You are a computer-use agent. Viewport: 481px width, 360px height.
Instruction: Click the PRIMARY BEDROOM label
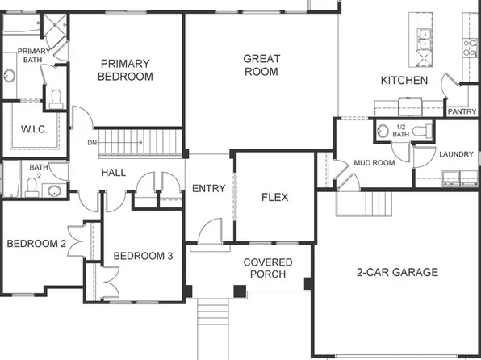pos(125,70)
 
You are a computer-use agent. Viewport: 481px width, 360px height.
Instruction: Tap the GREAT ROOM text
pos(261,65)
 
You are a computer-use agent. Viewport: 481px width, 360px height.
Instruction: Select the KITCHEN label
pos(404,80)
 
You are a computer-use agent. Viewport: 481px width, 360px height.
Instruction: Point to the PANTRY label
pos(461,111)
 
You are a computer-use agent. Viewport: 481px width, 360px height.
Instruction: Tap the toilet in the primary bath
pos(56,98)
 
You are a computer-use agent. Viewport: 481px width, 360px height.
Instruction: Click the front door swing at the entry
pos(208,231)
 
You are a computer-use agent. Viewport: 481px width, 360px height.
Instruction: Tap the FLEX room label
pos(275,196)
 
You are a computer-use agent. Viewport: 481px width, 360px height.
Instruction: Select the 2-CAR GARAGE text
pos(396,272)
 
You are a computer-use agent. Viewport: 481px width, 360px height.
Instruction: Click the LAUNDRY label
pos(456,154)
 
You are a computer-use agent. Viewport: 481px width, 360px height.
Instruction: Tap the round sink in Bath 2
pos(53,191)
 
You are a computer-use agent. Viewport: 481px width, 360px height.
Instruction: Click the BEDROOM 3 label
pos(142,256)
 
